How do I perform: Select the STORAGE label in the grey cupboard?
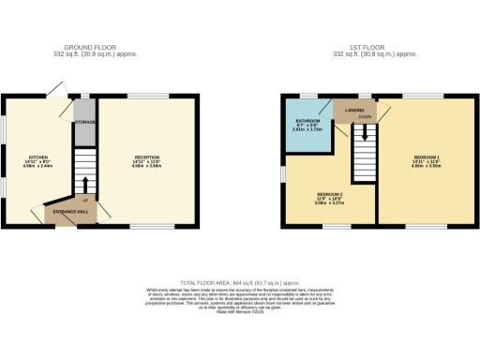(85, 123)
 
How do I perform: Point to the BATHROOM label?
(308, 122)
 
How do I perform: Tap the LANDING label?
(354, 111)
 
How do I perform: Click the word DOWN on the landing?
(364, 118)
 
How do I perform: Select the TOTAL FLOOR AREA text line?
(241, 282)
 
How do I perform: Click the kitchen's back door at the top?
(58, 92)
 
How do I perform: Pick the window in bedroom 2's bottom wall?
(337, 225)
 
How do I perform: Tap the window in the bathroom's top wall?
(308, 97)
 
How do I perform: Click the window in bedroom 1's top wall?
(419, 97)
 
